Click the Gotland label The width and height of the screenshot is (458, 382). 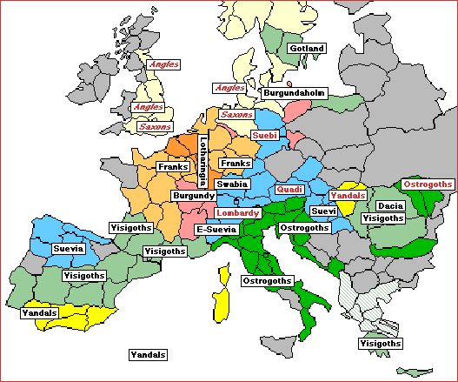(x=307, y=48)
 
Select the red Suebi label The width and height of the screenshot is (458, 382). (x=263, y=136)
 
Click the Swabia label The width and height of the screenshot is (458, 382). (x=232, y=184)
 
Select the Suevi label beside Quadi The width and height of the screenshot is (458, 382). (x=322, y=211)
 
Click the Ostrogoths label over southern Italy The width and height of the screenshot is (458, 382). (x=267, y=282)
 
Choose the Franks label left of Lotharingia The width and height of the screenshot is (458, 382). (x=171, y=165)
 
